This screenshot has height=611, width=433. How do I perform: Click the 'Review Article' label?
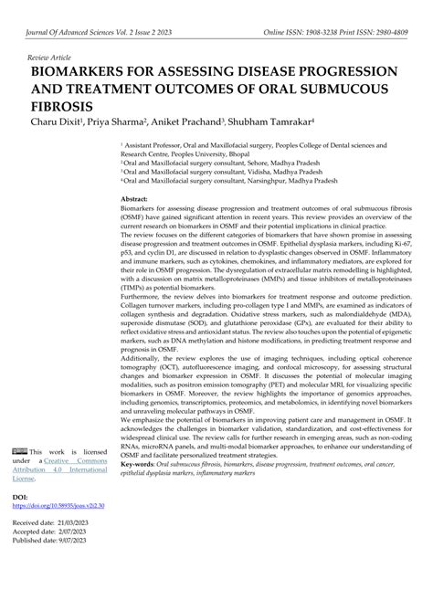[51, 56]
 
